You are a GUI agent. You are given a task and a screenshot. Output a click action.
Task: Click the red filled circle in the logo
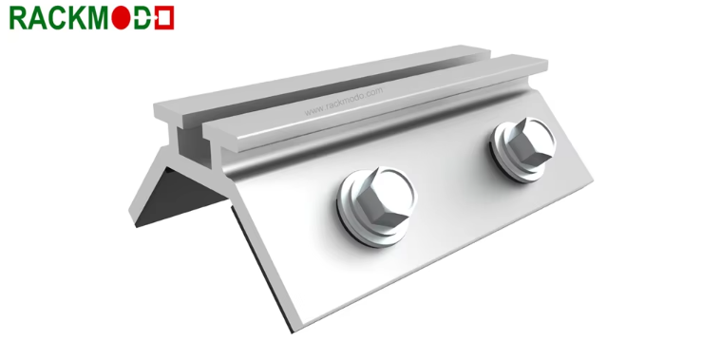pos(121,18)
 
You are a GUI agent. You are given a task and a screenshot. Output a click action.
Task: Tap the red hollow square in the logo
pos(164,18)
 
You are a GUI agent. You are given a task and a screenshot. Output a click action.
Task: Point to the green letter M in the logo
pos(99,18)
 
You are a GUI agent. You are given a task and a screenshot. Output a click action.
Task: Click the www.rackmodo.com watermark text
pos(343,102)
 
